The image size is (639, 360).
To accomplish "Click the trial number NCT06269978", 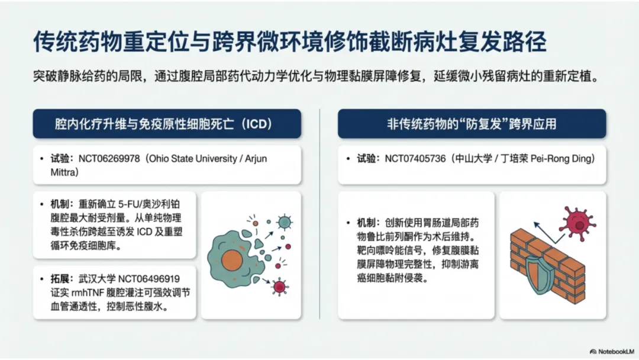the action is pyautogui.click(x=109, y=159).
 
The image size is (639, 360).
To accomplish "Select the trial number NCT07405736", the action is pyautogui.click(x=415, y=159).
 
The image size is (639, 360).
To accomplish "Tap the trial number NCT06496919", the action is pyautogui.click(x=149, y=279).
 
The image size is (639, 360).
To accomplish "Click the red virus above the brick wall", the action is pyautogui.click(x=579, y=223).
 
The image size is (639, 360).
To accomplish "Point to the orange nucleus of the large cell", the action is pyautogui.click(x=232, y=261).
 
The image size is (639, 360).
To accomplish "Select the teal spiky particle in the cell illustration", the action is pyautogui.click(x=285, y=222).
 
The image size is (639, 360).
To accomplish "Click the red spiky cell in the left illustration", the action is pyautogui.click(x=279, y=287).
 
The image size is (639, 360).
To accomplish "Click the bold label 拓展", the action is pyautogui.click(x=60, y=279).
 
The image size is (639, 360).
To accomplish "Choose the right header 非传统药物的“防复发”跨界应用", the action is pyautogui.click(x=472, y=124).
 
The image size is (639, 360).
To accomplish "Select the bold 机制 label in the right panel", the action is pyautogui.click(x=366, y=223).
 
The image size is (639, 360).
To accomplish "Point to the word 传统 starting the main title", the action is pyautogui.click(x=55, y=42).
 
